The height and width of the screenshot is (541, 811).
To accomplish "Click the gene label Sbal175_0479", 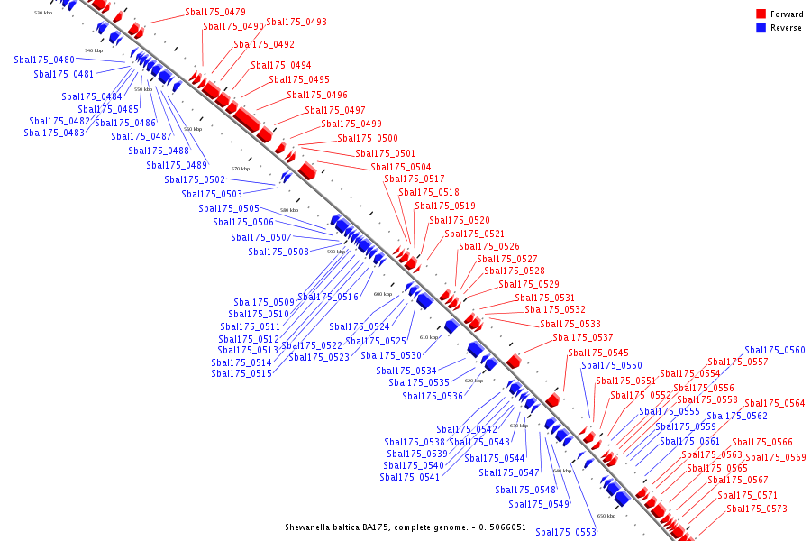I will point(215,12).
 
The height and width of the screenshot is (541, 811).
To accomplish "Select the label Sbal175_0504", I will point(400,167).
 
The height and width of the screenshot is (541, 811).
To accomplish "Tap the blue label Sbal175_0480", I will point(44,60).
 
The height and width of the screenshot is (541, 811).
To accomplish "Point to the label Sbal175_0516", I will point(328,297).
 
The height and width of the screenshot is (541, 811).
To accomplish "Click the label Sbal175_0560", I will point(775,350).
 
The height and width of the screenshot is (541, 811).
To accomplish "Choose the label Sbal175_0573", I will point(757,509).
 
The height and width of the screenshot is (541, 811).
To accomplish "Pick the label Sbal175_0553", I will point(566,532).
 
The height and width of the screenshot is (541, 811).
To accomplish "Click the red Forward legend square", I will point(761,14).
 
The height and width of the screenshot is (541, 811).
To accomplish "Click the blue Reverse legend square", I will point(761,28).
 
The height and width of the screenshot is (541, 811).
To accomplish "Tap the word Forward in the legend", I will point(787,14).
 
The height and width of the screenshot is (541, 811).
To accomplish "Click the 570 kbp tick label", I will point(241,169).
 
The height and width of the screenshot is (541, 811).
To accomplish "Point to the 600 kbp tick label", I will point(383,294).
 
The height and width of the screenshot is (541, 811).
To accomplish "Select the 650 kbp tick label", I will point(606,516).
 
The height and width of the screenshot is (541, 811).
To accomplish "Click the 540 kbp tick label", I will point(94,50).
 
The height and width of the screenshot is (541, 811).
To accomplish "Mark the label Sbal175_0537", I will point(583,337).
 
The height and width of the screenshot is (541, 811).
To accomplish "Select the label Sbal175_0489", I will point(177,165).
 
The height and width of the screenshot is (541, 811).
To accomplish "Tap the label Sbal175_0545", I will point(598,353).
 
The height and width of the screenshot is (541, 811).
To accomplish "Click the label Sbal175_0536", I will point(433,396).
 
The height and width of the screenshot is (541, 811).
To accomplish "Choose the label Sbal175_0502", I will point(195,179).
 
